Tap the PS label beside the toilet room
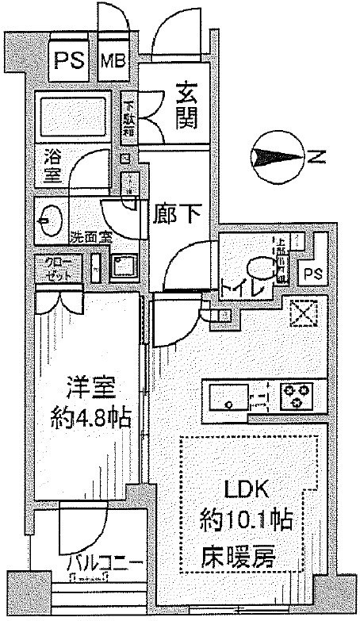tap(315, 274)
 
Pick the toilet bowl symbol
tap(259, 268)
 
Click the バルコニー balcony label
tap(104, 565)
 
